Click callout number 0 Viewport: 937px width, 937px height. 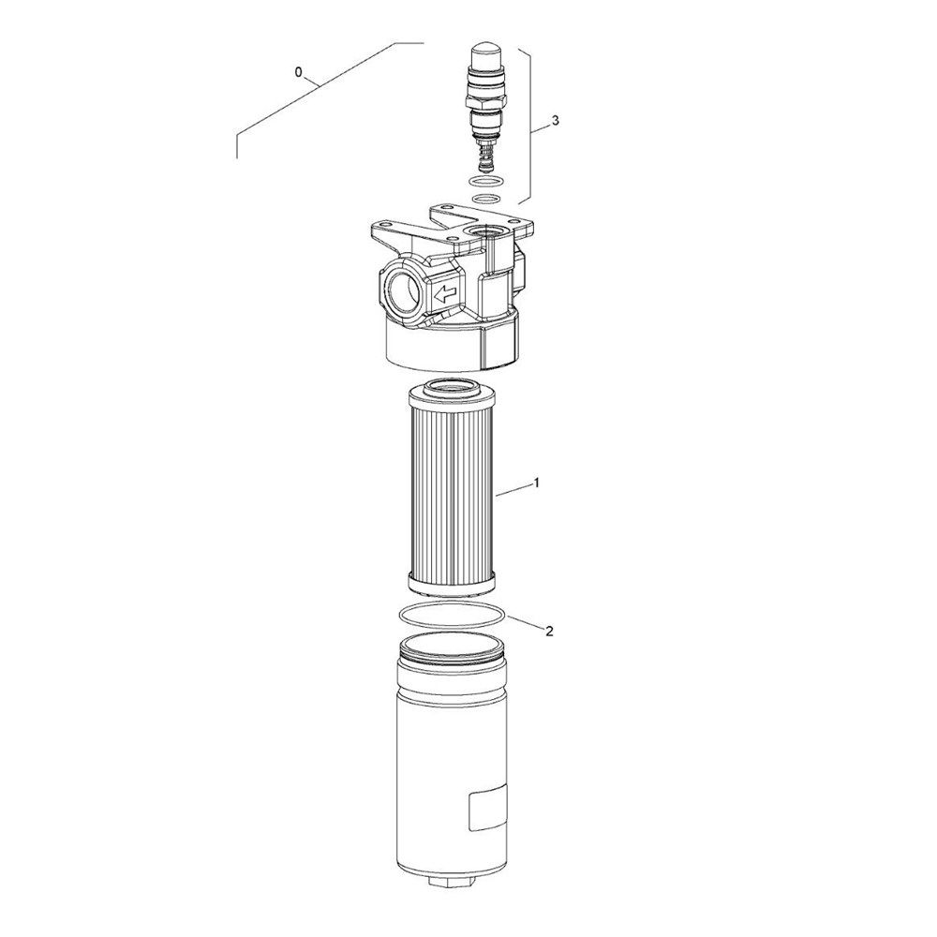point(298,72)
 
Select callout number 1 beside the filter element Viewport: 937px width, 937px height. point(537,483)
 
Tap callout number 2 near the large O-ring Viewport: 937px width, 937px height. point(549,631)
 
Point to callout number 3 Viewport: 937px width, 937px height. point(555,121)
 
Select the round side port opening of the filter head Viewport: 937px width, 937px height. point(405,292)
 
